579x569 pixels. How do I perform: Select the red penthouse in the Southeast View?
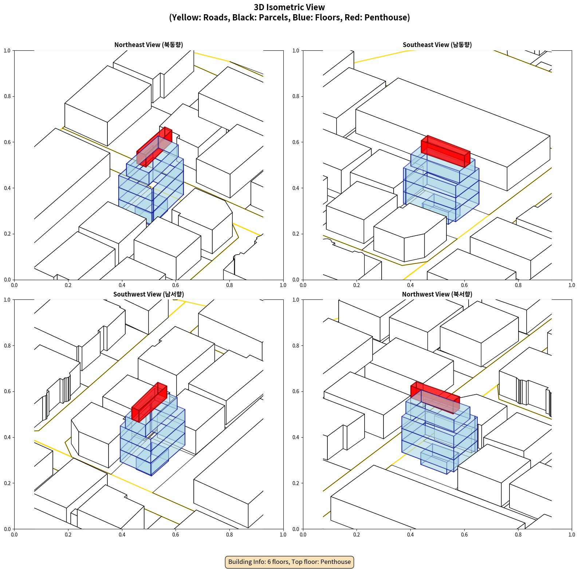(445, 151)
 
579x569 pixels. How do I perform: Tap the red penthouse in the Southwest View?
(149, 402)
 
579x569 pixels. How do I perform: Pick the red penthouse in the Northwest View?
(435, 398)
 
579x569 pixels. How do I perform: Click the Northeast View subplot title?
(149, 44)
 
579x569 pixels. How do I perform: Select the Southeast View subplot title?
(437, 44)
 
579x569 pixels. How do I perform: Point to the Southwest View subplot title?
(149, 294)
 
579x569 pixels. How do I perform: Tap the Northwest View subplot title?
(437, 294)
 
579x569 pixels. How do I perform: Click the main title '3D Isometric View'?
(289, 7)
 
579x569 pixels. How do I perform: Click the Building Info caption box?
(289, 562)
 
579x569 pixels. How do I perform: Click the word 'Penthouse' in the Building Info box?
(336, 562)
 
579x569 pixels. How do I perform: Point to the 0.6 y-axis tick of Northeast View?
(7, 142)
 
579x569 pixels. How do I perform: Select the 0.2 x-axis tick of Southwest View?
(68, 535)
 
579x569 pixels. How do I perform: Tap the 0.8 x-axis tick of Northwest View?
(518, 535)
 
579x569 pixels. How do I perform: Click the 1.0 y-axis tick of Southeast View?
(296, 50)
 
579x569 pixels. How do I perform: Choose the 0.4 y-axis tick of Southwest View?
(7, 437)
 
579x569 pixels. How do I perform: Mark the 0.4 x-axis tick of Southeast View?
(410, 285)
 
